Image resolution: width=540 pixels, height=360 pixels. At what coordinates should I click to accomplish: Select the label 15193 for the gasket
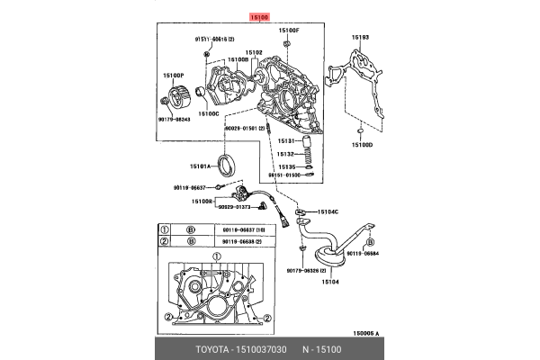(360, 38)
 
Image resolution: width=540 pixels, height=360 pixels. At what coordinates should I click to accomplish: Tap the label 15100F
(288, 30)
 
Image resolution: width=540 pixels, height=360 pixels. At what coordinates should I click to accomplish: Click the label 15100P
(173, 76)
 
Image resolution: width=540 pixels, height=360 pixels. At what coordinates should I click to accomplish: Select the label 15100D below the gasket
(362, 144)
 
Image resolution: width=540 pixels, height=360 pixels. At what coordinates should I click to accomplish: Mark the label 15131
(285, 141)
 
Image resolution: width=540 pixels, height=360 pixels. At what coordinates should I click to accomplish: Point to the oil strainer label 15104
(330, 282)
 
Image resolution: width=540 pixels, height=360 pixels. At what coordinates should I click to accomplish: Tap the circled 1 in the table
(164, 229)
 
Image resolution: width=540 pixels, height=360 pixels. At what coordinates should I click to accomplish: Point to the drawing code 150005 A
(364, 332)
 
